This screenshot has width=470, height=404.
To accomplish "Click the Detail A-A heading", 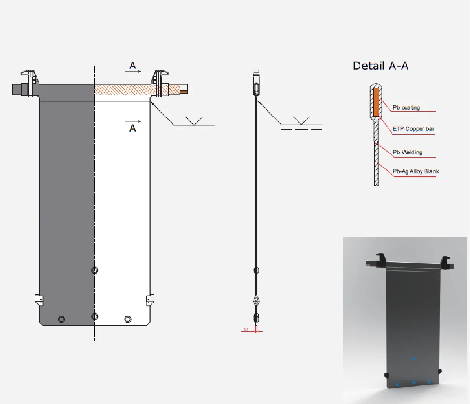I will [380, 66].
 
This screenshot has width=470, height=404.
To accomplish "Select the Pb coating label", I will [406, 107].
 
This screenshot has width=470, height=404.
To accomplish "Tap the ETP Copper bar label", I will [413, 129].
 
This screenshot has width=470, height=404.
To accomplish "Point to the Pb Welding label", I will [407, 152].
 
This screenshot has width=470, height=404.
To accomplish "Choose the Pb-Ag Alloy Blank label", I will [416, 171].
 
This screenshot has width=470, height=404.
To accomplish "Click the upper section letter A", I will [132, 65].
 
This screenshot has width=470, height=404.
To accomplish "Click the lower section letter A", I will [132, 128].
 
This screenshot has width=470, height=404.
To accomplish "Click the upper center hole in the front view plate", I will [94, 270].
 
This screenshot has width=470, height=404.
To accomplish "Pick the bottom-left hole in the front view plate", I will [61, 319].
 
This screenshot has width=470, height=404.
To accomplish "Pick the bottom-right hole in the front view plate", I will [127, 319].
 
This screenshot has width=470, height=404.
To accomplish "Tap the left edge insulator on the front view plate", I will [39, 299].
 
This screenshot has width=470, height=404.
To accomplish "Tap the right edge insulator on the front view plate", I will [150, 299].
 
